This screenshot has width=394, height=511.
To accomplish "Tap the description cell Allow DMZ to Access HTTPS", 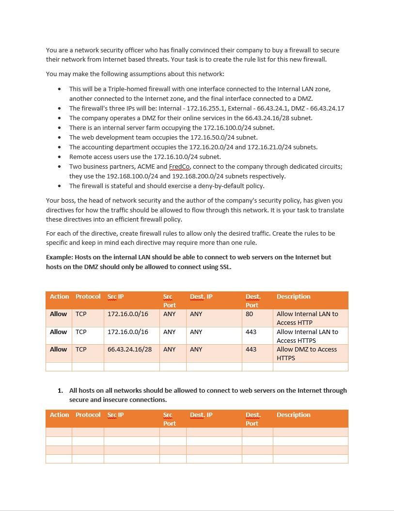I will coord(306,353).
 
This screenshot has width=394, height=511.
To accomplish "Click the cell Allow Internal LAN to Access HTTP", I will coord(307,318).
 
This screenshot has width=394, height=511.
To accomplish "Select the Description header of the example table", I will coord(293,297).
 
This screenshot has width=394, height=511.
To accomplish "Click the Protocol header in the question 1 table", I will coord(88,415).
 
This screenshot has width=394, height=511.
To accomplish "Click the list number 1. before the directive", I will coord(60,390).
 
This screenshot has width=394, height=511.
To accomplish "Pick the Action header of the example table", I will coord(59,297).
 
